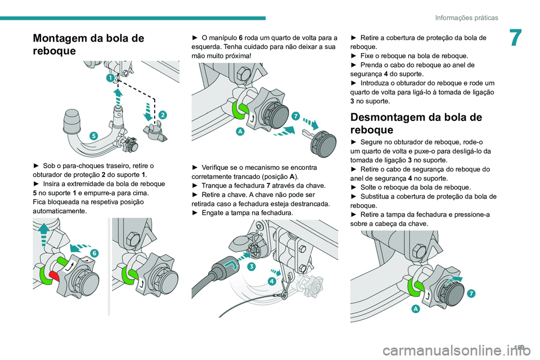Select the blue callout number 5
[x=93, y=136]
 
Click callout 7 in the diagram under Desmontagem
[x=471, y=292]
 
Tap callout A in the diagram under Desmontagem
[x=415, y=309]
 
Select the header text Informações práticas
[x=466, y=18]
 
